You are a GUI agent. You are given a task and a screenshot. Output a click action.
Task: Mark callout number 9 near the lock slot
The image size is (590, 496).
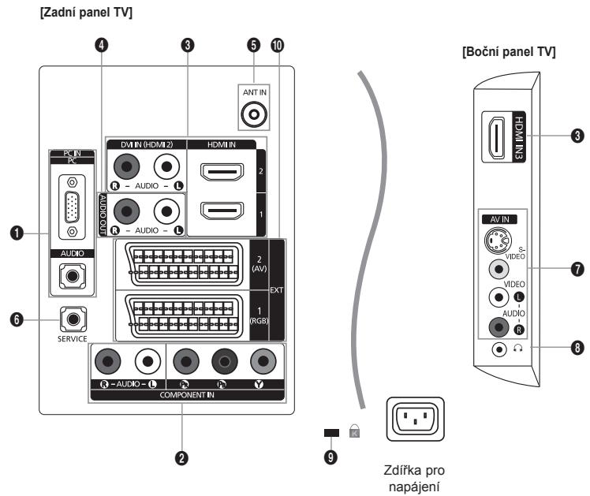[x=330, y=457]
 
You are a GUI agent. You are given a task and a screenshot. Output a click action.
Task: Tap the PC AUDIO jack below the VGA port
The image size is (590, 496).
[x=73, y=275]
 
